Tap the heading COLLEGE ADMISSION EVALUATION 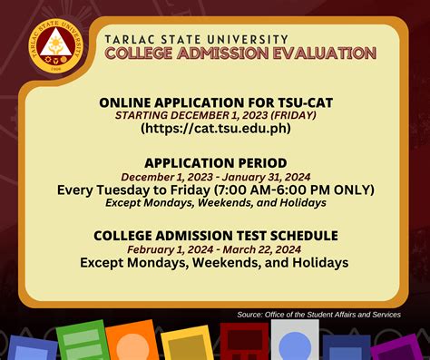239,54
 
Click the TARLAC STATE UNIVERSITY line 196,39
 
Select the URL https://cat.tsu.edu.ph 215,129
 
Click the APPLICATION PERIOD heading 216,162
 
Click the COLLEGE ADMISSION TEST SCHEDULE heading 216,236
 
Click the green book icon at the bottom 82,342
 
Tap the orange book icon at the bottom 132,342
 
